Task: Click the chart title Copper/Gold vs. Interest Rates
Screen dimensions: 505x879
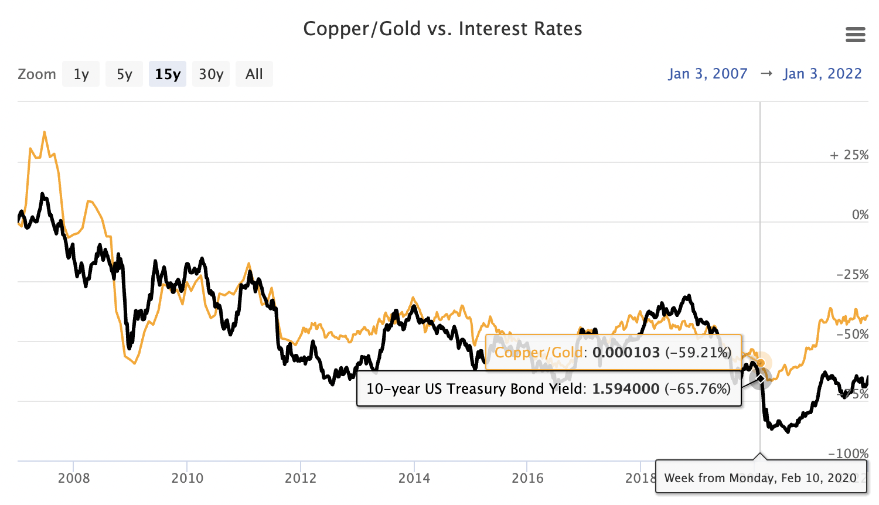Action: pos(442,29)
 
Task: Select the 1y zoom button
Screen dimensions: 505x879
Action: pos(81,74)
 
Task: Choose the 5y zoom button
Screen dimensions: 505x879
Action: pos(124,74)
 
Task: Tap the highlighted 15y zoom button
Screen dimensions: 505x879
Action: pos(168,74)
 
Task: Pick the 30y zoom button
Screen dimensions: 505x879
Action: pos(211,74)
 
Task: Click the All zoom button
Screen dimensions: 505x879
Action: pos(254,74)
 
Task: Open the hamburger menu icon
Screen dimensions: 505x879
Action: pos(856,35)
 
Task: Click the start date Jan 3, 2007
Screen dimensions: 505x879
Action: pos(708,74)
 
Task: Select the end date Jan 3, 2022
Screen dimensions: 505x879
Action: pos(822,74)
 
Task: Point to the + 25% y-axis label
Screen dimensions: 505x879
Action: pos(849,155)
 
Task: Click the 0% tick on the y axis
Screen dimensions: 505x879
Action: pos(860,215)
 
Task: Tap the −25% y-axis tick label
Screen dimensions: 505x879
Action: pos(852,275)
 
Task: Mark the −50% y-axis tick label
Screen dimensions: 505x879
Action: pos(852,335)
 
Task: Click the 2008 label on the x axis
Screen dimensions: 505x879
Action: pos(74,478)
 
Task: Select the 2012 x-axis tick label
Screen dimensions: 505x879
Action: pos(301,478)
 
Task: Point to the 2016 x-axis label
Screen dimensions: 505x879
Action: pos(527,478)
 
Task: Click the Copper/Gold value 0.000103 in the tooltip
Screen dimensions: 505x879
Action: pos(626,353)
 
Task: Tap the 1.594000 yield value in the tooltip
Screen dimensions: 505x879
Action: pos(625,389)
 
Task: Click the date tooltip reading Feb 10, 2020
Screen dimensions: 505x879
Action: pos(760,478)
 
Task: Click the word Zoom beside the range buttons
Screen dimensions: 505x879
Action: pos(37,74)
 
